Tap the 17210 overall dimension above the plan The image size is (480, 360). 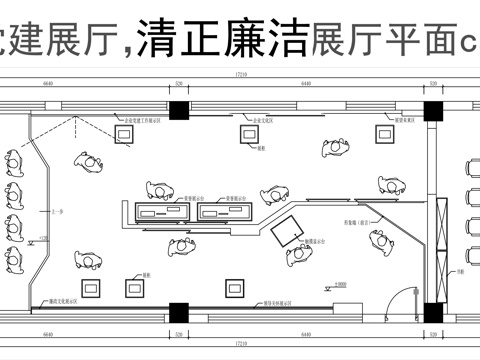[241, 76]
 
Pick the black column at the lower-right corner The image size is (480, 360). [434, 312]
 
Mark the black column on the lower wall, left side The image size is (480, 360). [178, 312]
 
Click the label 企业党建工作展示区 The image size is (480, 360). [137, 119]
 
